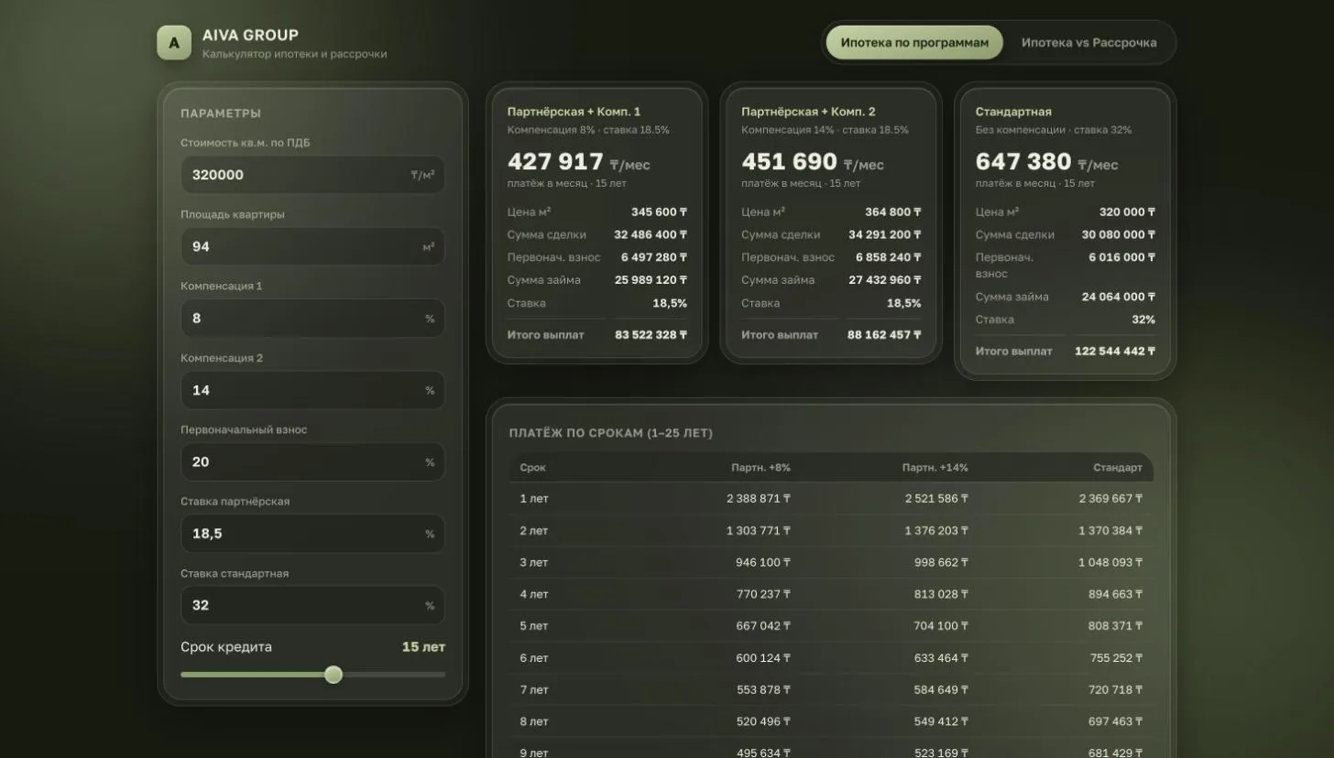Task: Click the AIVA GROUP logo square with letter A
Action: point(174,43)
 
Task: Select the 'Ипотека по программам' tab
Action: point(914,43)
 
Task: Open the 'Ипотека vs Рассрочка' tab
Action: point(1088,43)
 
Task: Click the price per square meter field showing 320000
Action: point(312,175)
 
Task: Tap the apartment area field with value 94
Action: point(312,247)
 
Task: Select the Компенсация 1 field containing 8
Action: point(312,319)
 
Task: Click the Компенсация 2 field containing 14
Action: point(312,390)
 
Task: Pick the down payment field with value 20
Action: point(312,462)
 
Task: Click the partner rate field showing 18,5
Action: point(312,534)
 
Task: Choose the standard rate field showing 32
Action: point(312,606)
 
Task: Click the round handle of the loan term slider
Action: point(333,675)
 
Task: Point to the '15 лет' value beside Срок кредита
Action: point(423,646)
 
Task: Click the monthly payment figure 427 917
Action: point(555,162)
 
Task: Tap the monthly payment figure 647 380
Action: point(1023,162)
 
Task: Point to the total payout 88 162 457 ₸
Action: point(884,335)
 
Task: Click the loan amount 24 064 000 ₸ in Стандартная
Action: point(1119,297)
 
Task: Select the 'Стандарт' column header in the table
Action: point(1117,468)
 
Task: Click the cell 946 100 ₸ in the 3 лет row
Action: point(763,562)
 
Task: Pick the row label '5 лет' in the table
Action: point(533,626)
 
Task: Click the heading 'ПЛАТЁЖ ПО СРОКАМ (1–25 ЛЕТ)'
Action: point(610,433)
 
